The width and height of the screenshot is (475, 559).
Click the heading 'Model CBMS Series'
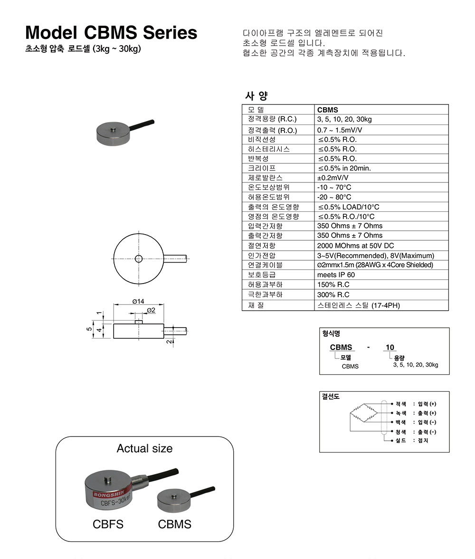click(111, 32)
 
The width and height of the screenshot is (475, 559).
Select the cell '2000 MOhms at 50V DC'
click(355, 246)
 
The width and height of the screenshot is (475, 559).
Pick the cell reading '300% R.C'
click(333, 294)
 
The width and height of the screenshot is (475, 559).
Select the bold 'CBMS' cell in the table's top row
click(328, 109)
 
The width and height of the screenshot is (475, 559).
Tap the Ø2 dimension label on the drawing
click(151, 310)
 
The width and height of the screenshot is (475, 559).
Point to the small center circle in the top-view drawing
click(138, 259)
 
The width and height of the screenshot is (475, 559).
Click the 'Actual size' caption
click(144, 448)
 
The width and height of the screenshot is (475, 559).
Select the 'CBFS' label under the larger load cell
click(108, 524)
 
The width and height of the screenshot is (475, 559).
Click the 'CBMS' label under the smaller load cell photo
click(175, 524)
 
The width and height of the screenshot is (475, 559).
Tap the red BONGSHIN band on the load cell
click(108, 494)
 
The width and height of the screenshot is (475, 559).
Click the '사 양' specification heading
click(256, 96)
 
